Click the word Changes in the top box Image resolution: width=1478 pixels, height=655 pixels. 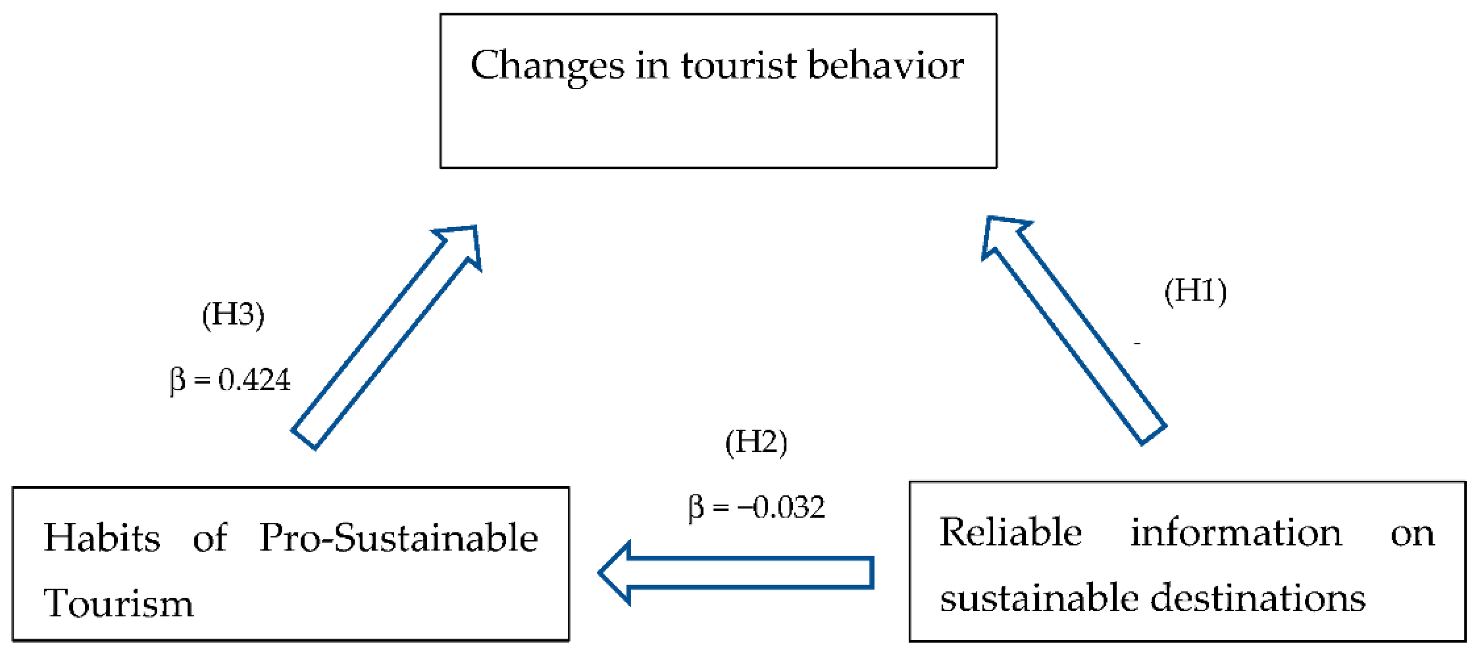(x=547, y=66)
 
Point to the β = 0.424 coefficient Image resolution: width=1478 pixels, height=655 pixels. (x=230, y=380)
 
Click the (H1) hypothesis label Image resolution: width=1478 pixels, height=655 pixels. (x=1195, y=291)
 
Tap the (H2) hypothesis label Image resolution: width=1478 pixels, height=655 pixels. (x=756, y=442)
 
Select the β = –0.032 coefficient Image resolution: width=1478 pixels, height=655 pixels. (x=756, y=507)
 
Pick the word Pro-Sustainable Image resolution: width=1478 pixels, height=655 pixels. (x=398, y=537)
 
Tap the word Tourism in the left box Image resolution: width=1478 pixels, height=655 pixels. (x=119, y=603)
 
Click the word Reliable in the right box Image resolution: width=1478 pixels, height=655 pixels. (x=1010, y=532)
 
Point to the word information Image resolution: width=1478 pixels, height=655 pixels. (x=1236, y=532)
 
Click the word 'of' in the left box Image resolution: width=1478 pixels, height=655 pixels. (x=210, y=537)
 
